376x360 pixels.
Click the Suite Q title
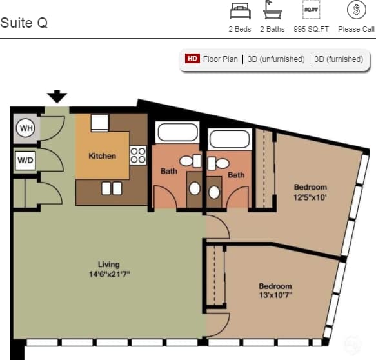coord(24,23)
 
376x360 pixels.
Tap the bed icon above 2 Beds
coord(239,10)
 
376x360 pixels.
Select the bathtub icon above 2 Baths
coord(272,10)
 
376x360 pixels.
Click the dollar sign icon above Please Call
coord(355,10)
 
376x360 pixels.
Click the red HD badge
coord(192,59)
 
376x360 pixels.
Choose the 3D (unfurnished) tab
coord(276,59)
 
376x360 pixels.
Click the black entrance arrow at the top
coord(57,97)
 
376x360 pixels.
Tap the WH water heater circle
coord(25,128)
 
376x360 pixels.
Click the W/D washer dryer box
coord(25,159)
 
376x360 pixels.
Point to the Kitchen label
coord(102,155)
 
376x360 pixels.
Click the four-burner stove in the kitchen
coord(138,155)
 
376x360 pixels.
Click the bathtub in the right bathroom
coord(229,140)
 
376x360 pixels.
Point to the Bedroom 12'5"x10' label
coord(310,192)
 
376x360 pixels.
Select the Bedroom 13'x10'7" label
coord(275,290)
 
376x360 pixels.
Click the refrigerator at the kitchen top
coord(99,123)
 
